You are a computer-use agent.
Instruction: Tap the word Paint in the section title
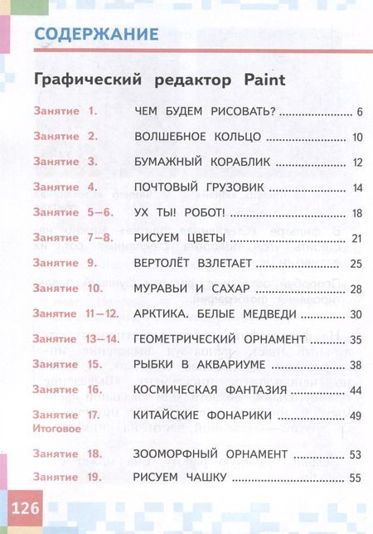coord(259,80)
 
